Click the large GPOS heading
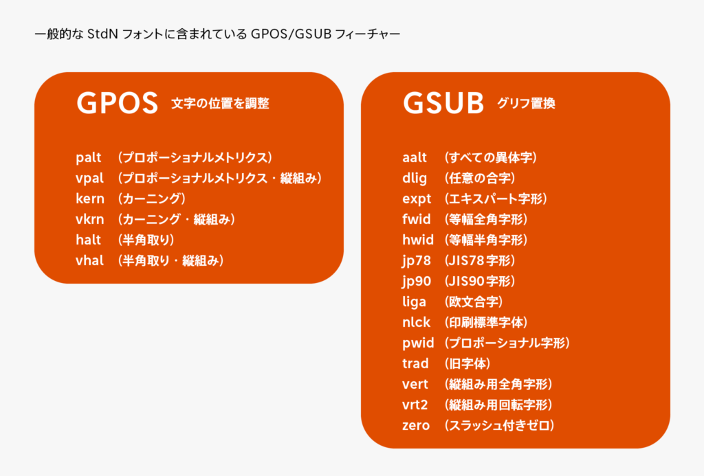coord(117,103)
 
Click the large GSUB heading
coord(443,103)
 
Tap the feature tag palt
coord(89,157)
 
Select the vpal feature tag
coord(90,178)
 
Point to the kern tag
coord(90,199)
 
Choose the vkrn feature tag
coord(90,219)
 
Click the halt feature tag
coord(88,240)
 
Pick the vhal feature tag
coord(90,260)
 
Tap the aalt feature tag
coord(415,157)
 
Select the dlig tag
coord(415,178)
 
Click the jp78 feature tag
coord(417,260)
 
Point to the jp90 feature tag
coord(417,282)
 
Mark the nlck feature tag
coord(416,322)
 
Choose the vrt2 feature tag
coord(415,405)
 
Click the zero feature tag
coord(416,425)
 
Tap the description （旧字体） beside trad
coord(467,363)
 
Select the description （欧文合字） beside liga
coord(474,302)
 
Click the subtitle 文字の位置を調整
coord(220,104)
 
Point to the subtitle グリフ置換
coord(526,104)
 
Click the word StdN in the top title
coord(103,34)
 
